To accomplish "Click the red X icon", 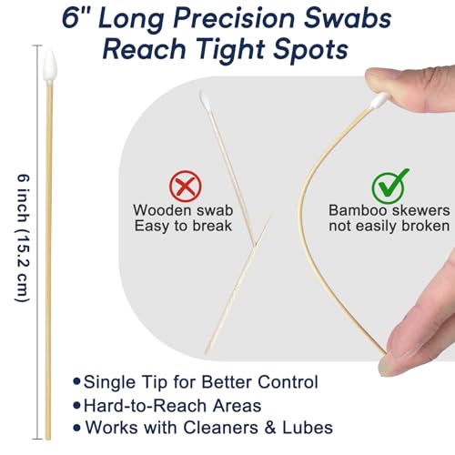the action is pos(186,186).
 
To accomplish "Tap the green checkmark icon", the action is pos(390,186).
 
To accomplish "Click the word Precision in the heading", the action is pos(234,19).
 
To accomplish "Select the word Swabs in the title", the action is pos(348,19).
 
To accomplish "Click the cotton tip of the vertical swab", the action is pos(50,65).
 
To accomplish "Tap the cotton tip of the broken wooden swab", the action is pos(205,102).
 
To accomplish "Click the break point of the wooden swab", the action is pos(255,244).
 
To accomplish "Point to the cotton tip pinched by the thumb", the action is pos(379,100).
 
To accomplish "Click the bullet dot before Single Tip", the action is pos(77,381).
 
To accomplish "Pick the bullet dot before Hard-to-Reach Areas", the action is pos(77,405).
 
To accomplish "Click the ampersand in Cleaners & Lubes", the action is pos(270,428).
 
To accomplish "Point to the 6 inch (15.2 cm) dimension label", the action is pos(23,238).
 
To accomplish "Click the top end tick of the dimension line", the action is pos(37,45).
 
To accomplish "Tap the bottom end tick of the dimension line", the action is pos(37,439).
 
